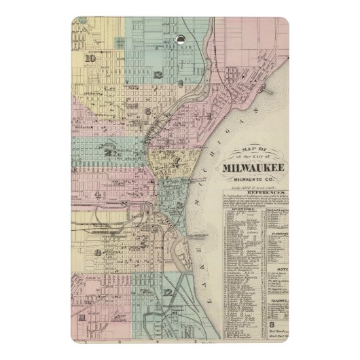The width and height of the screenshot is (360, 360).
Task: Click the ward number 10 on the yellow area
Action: click(x=90, y=58)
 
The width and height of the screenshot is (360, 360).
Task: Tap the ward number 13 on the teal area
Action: click(x=158, y=74)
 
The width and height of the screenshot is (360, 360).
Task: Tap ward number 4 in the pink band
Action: click(x=98, y=195)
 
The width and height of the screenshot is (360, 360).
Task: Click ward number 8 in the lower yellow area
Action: click(x=99, y=253)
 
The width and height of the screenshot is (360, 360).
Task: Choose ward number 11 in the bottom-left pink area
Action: click(x=82, y=317)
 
